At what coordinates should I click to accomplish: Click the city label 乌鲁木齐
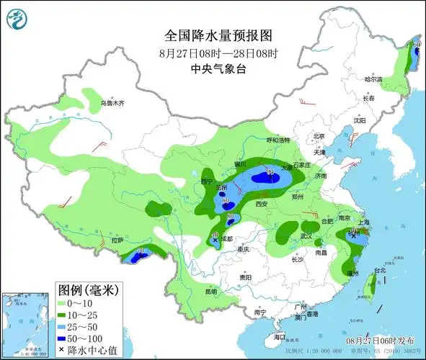pos(113,103)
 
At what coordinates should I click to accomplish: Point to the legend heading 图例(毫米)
pos(87,290)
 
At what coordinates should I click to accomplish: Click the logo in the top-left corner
pos(16,19)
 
